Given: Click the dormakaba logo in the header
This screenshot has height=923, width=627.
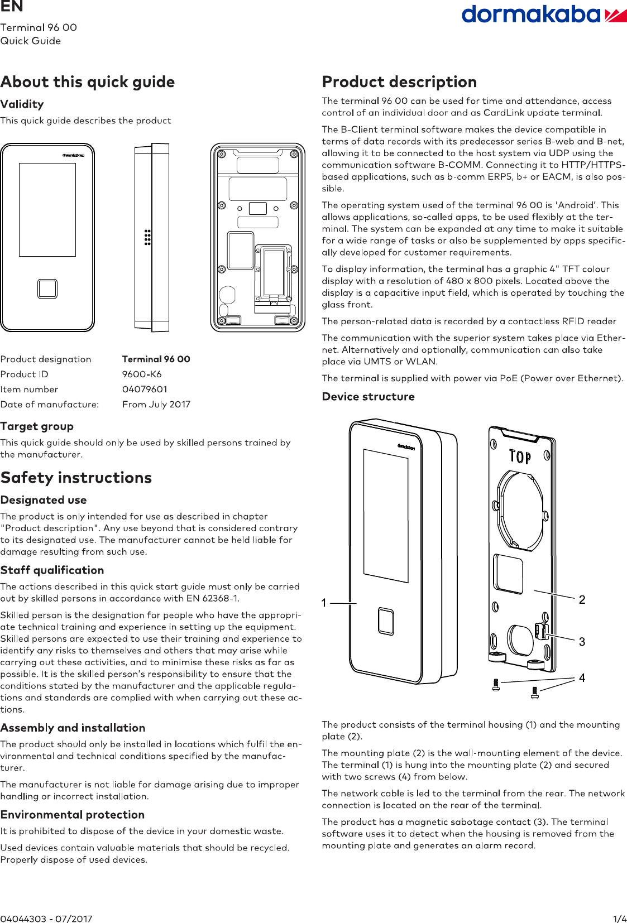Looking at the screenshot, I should (543, 15).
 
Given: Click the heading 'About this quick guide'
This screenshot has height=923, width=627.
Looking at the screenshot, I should (88, 82).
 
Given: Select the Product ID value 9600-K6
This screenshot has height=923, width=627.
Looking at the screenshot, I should (142, 374).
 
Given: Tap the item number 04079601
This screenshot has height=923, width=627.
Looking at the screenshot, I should (145, 390).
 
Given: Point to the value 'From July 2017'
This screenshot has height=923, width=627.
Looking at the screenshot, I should (156, 405).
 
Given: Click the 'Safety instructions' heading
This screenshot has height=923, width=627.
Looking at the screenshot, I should (76, 478).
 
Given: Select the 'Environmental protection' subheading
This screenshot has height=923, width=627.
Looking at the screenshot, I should (73, 815).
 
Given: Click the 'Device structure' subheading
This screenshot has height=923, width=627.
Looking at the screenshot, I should (368, 397).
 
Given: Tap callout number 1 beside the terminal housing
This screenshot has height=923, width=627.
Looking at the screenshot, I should (324, 603).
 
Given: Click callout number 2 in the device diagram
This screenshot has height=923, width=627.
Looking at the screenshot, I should (582, 600).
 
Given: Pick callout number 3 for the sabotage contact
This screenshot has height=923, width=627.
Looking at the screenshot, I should (582, 642).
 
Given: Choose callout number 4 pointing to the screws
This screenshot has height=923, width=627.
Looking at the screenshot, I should (582, 678).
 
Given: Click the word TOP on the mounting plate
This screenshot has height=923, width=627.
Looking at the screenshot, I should (520, 457).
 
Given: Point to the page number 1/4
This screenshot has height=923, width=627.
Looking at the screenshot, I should (620, 919).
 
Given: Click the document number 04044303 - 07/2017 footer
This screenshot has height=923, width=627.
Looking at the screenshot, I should (46, 919).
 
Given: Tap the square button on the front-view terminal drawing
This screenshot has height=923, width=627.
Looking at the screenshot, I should (47, 289).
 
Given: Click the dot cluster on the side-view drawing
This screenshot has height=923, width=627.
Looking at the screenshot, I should (147, 237).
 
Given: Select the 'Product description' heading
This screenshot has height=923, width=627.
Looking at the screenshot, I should (399, 82).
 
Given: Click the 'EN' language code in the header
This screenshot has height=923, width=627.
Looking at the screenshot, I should (12, 7).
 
